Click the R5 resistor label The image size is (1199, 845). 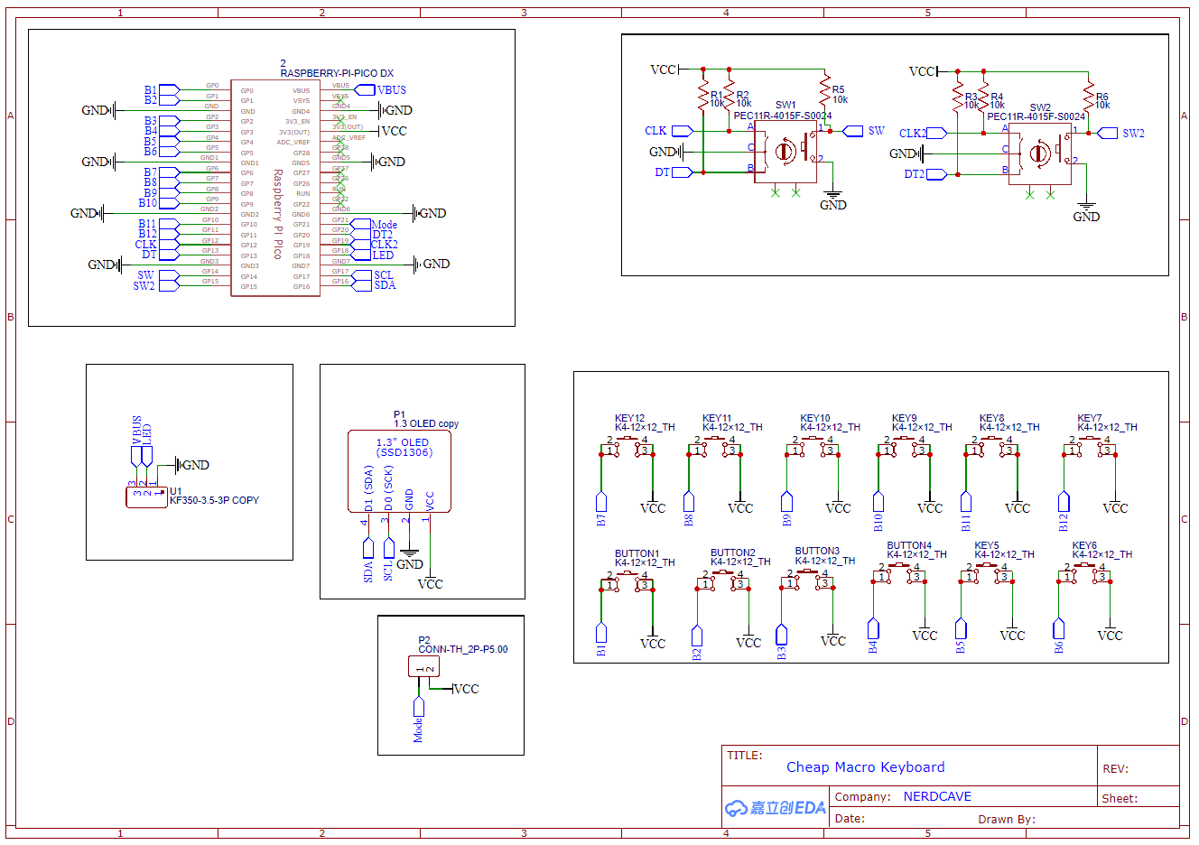point(838,89)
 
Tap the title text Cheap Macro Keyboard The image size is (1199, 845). point(865,767)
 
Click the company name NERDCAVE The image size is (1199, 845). point(937,796)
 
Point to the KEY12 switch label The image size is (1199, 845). point(629,418)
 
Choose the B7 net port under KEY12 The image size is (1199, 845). point(601,502)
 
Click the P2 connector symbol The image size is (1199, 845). point(423,667)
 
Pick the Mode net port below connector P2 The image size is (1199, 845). point(418,708)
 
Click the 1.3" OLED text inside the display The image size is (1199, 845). point(403,442)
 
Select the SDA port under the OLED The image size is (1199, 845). point(367,549)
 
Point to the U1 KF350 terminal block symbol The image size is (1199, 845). point(146,496)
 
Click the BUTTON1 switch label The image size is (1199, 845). point(637,553)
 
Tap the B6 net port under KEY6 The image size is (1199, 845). point(1059,628)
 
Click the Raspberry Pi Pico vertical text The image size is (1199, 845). point(278,214)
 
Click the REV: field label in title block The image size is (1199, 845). point(1115,769)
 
